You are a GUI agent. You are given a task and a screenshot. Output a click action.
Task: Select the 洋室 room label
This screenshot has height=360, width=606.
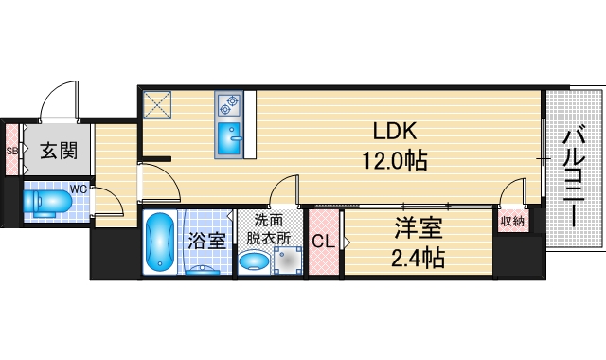pyautogui.click(x=419, y=228)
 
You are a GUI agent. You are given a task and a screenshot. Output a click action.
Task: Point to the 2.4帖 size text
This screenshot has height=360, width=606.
pyautogui.click(x=419, y=256)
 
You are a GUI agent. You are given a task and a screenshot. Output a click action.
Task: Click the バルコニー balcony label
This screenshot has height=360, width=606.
pyautogui.click(x=574, y=179)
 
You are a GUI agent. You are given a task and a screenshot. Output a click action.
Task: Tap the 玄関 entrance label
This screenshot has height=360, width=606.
pyautogui.click(x=45, y=151)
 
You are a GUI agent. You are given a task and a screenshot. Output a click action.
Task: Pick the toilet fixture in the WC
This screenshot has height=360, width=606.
pyautogui.click(x=47, y=202)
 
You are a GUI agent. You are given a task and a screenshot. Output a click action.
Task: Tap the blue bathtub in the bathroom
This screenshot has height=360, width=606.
pyautogui.click(x=160, y=243)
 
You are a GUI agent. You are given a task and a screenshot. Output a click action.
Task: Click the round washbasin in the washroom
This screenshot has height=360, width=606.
pyautogui.click(x=253, y=263)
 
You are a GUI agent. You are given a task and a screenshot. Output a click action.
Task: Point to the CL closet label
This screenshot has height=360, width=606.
pyautogui.click(x=323, y=243)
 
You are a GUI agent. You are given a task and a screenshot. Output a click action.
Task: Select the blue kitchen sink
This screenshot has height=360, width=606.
pyautogui.click(x=229, y=138)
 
